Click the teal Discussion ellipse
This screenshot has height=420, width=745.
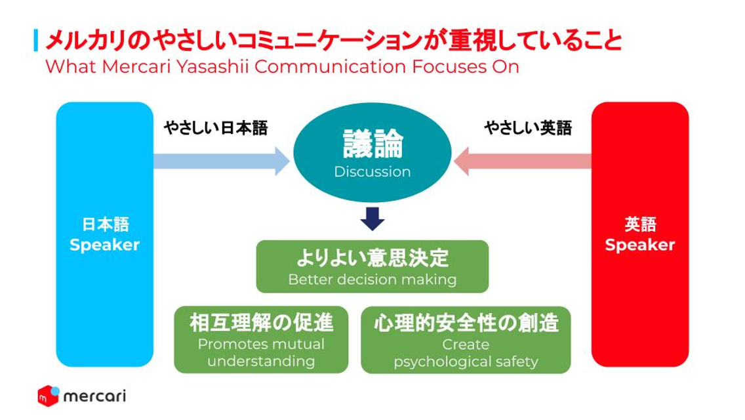click(x=372, y=152)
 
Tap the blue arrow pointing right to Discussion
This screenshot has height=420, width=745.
click(x=222, y=161)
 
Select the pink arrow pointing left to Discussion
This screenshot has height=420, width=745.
click(x=523, y=161)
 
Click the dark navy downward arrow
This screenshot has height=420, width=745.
click(x=372, y=219)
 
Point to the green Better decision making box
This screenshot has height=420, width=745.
click(x=372, y=266)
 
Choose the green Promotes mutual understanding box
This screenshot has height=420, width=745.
click(x=261, y=340)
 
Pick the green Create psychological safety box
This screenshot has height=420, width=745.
click(x=466, y=340)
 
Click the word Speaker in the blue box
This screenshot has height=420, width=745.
click(x=104, y=245)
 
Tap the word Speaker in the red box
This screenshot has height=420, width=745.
click(x=640, y=245)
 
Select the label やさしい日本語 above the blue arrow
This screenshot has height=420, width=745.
click(x=216, y=127)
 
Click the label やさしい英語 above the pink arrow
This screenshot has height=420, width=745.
click(x=528, y=127)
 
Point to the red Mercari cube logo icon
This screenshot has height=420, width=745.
click(x=49, y=396)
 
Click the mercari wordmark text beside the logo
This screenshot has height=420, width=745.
click(x=94, y=396)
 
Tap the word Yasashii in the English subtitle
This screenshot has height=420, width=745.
click(x=213, y=66)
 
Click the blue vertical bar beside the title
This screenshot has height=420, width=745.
click(x=36, y=41)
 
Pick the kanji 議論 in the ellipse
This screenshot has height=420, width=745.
click(x=372, y=144)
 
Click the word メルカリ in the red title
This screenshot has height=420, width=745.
click(x=87, y=41)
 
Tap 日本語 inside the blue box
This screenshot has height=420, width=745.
click(x=105, y=224)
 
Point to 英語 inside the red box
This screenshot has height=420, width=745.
click(x=641, y=224)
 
